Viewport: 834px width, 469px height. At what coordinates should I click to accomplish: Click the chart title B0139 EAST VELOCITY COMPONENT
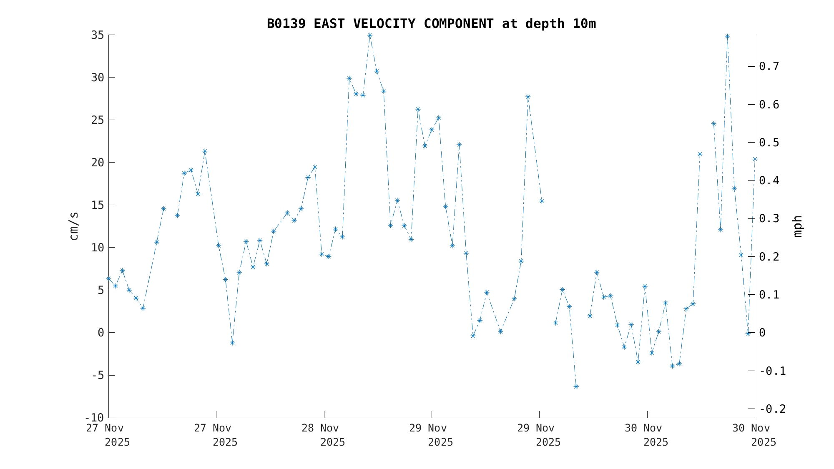431,24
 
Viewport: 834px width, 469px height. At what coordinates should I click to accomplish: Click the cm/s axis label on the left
74,226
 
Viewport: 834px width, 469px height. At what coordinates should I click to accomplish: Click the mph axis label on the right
797,226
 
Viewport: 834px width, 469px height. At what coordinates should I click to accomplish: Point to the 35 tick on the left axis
98,35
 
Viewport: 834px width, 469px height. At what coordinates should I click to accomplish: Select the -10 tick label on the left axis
95,418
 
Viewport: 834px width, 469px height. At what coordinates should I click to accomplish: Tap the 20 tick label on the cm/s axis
98,163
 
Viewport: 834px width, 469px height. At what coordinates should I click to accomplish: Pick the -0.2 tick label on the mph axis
772,409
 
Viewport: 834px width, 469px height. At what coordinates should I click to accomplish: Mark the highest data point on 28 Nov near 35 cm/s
370,35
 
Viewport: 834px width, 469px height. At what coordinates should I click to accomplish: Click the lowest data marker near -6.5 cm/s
576,387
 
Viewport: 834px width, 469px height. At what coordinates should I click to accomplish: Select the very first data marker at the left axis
109,278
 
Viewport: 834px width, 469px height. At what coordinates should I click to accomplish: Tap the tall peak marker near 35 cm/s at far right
727,36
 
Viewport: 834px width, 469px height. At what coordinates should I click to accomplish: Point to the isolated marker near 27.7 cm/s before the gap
528,97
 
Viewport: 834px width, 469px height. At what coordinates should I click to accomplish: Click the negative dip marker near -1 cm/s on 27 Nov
232,343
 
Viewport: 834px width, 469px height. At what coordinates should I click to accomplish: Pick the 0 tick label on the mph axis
762,333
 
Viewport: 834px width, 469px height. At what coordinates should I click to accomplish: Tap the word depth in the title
545,24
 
